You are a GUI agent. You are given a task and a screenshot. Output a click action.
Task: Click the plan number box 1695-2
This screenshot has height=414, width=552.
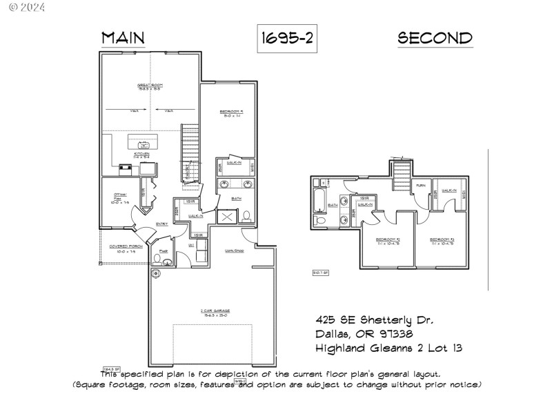286,39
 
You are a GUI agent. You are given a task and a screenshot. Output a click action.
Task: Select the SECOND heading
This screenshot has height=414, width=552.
435,38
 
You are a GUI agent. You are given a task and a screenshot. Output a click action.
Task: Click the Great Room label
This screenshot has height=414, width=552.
150,87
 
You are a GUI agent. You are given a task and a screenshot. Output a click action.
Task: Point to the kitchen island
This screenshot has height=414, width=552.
144,144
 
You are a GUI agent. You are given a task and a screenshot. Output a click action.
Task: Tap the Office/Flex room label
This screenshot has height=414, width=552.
121,197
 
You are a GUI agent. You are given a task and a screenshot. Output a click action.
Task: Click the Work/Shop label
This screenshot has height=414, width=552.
235,250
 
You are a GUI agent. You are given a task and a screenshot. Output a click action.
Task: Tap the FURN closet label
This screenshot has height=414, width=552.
420,186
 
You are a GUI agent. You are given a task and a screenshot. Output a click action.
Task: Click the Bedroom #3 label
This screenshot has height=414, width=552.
441,241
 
